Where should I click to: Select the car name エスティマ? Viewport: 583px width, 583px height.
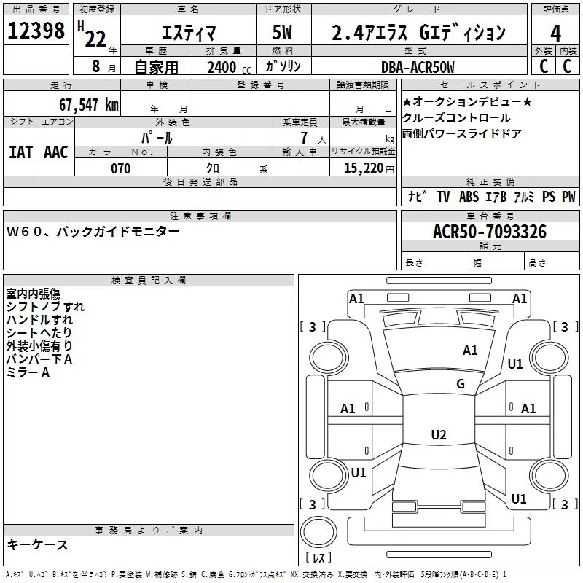(184, 33)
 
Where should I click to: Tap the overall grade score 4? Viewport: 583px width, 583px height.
(556, 33)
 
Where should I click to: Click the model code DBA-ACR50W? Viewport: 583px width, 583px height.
(417, 67)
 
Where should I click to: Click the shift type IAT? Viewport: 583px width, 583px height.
(20, 152)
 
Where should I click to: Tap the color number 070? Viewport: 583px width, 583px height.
(120, 168)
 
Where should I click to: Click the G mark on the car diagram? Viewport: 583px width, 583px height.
(461, 384)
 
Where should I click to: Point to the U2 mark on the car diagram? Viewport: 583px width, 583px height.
(438, 435)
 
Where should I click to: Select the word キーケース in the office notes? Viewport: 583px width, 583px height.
(37, 545)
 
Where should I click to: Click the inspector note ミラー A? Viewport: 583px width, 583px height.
(28, 372)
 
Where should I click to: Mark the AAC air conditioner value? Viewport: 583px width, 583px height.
(56, 152)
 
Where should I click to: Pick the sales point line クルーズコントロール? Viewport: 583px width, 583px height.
(456, 118)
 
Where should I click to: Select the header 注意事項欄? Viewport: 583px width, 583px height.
(200, 216)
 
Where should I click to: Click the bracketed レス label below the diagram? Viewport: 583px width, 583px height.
(318, 558)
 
